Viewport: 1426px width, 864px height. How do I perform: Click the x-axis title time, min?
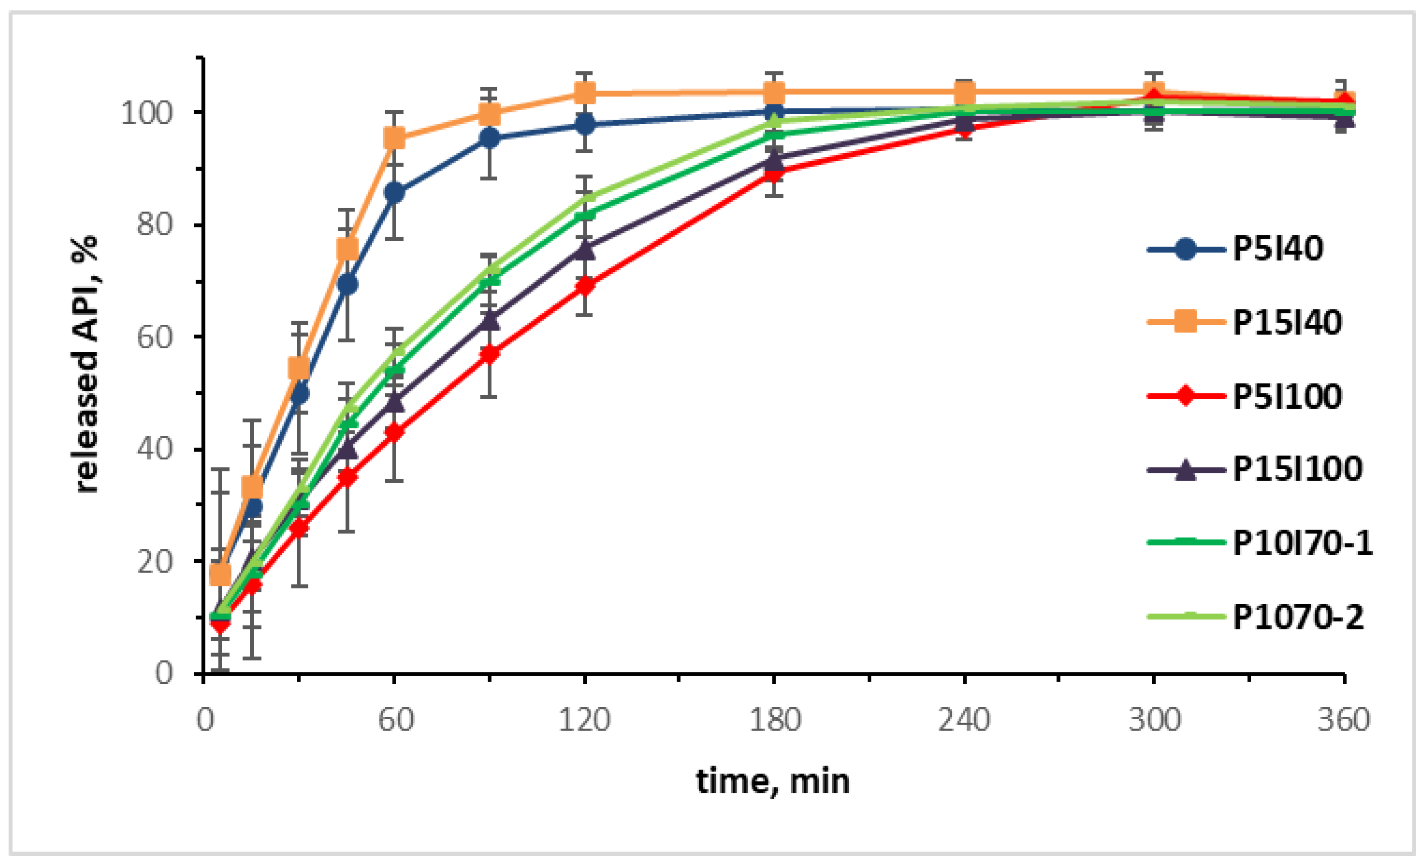pos(772,781)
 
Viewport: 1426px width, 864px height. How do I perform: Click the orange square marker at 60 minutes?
pos(394,138)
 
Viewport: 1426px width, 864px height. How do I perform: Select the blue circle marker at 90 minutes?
pos(490,138)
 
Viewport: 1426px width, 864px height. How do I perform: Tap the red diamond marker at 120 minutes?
pos(585,286)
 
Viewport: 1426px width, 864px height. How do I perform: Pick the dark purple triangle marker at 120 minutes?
pos(585,250)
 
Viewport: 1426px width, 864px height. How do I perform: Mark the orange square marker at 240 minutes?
pos(964,92)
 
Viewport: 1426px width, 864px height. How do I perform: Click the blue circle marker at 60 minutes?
pos(394,193)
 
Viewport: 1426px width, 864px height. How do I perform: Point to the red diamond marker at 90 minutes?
pos(490,354)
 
